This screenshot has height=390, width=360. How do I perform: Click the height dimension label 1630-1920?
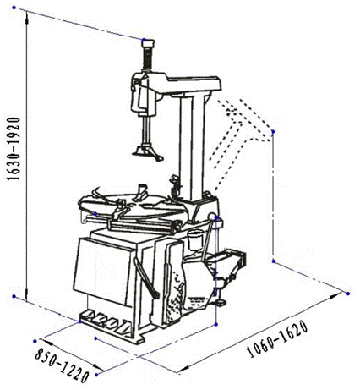pyautogui.click(x=14, y=149)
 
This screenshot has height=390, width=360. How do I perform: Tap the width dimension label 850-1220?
pyautogui.click(x=62, y=365)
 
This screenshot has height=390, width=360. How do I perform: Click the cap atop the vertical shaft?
pyautogui.click(x=148, y=43)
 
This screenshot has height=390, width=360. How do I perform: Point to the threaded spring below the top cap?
pyautogui.click(x=148, y=58)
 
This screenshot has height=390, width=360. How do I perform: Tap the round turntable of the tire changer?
pyautogui.click(x=133, y=206)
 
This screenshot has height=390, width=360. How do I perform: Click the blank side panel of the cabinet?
pyautogui.click(x=102, y=271)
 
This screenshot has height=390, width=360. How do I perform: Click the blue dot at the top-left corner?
pyautogui.click(x=14, y=8)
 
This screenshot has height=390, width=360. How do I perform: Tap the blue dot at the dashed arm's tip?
pyautogui.click(x=273, y=132)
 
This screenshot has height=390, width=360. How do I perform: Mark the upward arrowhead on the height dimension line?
pyautogui.click(x=26, y=20)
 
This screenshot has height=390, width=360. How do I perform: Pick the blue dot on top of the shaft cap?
pyautogui.click(x=144, y=40)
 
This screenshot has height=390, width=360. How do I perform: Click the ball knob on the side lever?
pyautogui.click(x=211, y=217)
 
